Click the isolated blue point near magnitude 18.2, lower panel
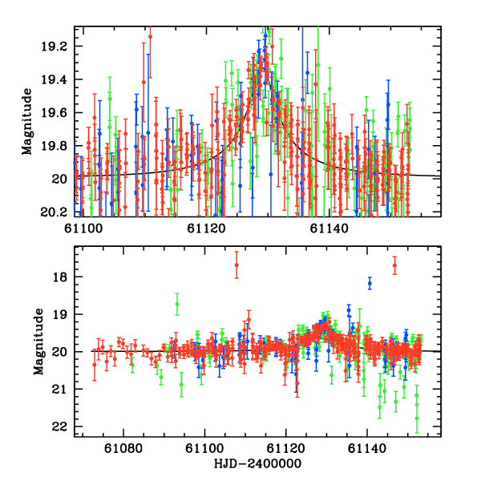click(370, 283)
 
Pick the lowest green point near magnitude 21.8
click(417, 418)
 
